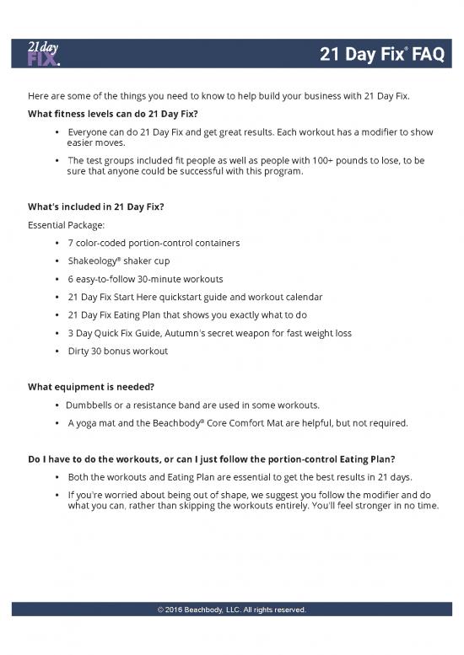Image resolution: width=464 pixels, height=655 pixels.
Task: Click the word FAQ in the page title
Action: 427,56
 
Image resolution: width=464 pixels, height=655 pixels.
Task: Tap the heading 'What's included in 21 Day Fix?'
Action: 96,207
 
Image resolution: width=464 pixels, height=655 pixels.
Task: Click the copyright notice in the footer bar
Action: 231,609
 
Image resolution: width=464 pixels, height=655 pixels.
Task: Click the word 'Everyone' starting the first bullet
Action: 89,133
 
